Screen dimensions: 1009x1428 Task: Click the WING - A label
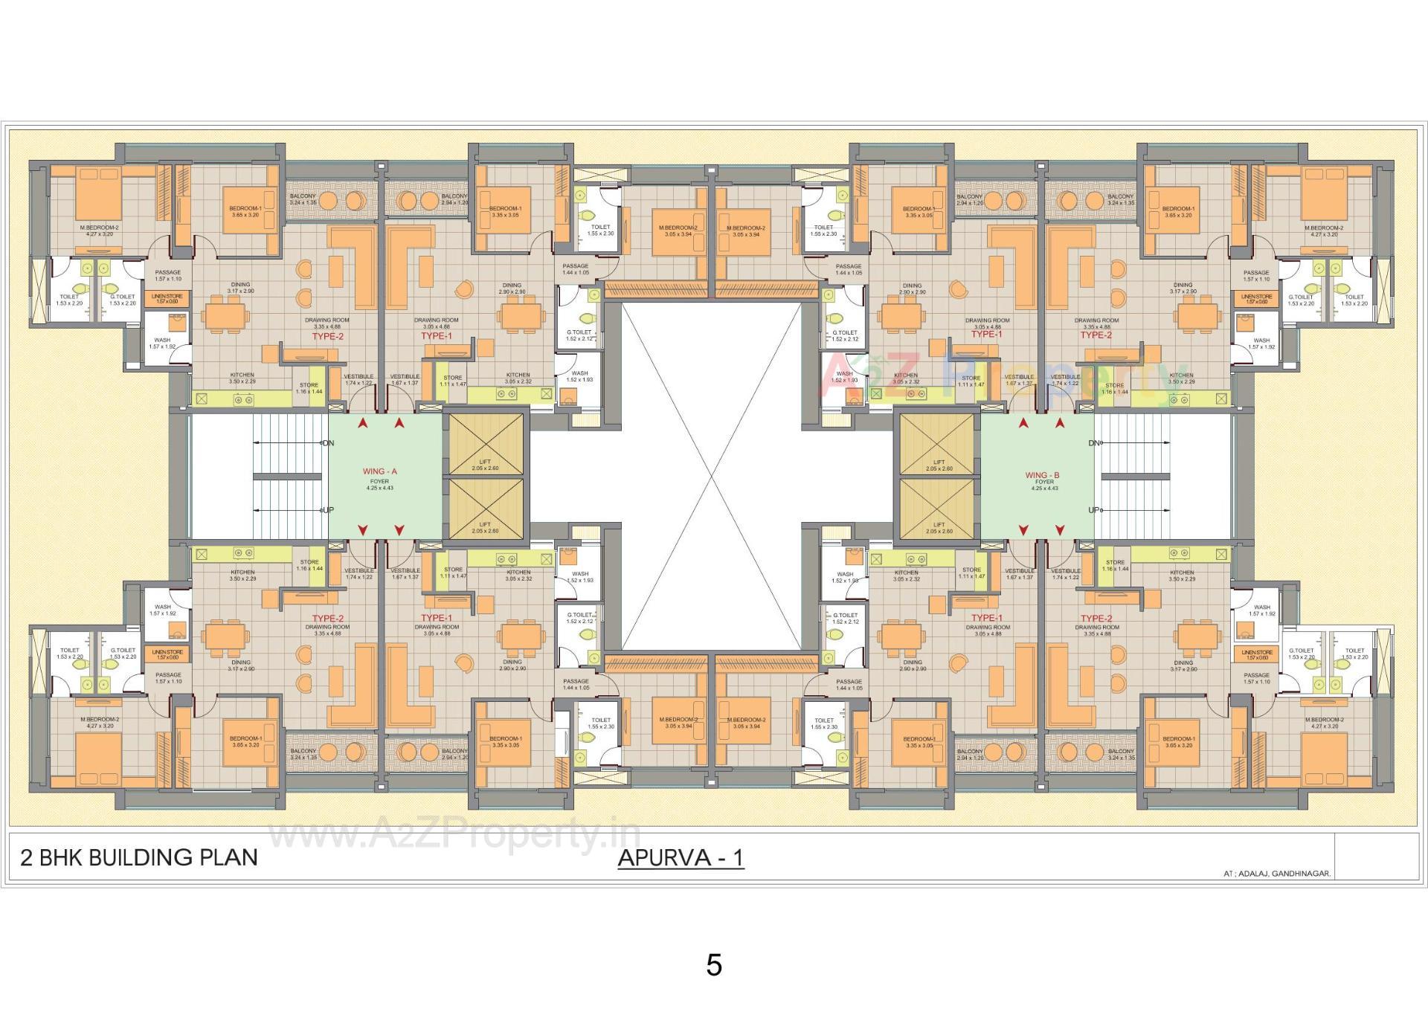tap(379, 471)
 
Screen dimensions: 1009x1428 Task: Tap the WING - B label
tap(1042, 475)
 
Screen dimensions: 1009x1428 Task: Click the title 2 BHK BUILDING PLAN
tap(139, 857)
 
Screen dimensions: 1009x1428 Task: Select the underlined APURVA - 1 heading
tap(681, 858)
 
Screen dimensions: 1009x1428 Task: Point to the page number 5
tap(714, 965)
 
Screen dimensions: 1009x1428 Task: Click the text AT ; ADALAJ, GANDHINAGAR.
tap(1277, 874)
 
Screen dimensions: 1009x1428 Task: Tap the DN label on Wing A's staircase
tap(328, 443)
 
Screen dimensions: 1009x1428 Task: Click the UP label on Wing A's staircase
tap(328, 510)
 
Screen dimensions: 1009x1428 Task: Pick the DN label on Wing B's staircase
tap(1094, 443)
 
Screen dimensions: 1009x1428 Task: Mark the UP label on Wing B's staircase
tap(1094, 510)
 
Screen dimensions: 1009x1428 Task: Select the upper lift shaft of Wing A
tap(486, 444)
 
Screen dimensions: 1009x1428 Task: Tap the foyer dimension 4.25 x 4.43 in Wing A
tap(379, 489)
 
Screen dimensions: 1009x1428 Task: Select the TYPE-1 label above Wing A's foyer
tap(437, 336)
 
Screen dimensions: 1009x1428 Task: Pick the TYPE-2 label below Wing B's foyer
tap(1096, 619)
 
